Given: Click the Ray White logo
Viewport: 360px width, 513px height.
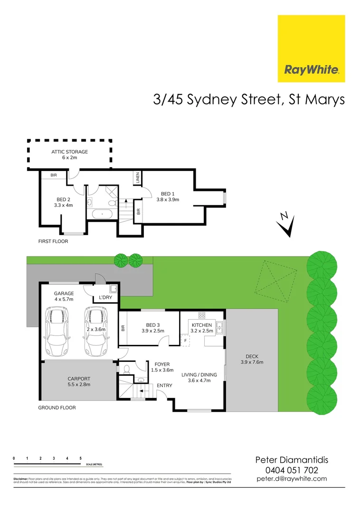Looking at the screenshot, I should (x=311, y=48).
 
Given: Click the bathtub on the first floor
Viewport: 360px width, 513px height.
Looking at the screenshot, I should (x=100, y=214).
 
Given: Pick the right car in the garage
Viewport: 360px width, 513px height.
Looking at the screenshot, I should (x=96, y=332).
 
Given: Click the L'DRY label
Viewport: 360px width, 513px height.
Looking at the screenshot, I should (x=106, y=298).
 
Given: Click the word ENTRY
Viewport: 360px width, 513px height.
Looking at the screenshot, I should (x=165, y=385).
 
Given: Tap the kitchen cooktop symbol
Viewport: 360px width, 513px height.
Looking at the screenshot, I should (x=201, y=315).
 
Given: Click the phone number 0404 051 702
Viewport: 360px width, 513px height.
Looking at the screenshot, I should (x=292, y=470).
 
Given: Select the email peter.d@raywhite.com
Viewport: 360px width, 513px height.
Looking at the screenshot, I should (x=292, y=479).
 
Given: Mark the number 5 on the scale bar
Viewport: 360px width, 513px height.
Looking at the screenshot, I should (x=81, y=458).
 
